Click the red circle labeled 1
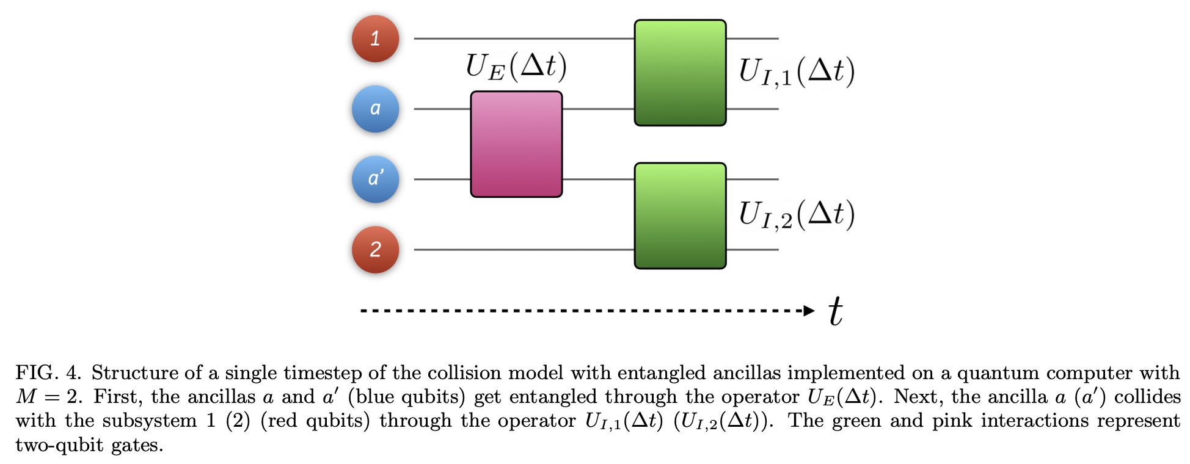(375, 38)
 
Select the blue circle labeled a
(375, 109)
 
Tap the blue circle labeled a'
(375, 179)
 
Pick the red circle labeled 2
(375, 249)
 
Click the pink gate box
(516, 144)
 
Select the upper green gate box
(680, 73)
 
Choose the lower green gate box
(680, 216)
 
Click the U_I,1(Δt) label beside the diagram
(796, 72)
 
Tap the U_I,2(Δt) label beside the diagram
(796, 215)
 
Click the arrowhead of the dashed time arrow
(809, 311)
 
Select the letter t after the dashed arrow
(836, 311)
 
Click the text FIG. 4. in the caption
(48, 372)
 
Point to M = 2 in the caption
(48, 397)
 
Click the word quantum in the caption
(992, 372)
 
